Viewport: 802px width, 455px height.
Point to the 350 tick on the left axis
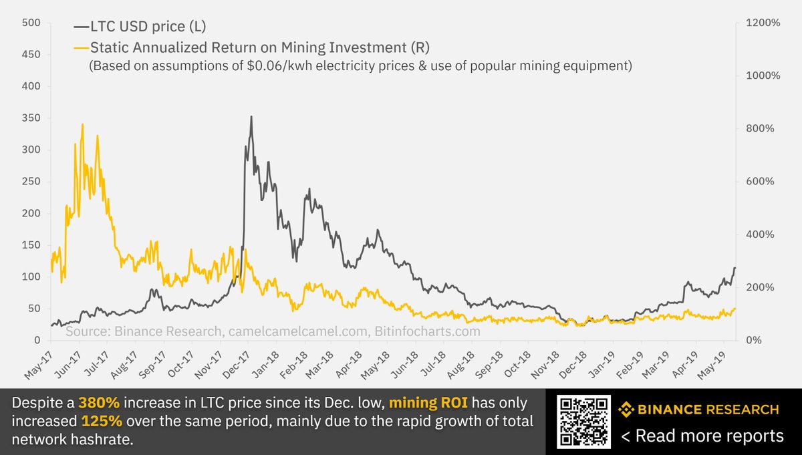[x=31, y=118]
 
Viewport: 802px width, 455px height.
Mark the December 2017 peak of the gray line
[x=251, y=117]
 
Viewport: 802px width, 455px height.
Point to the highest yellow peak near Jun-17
[x=82, y=124]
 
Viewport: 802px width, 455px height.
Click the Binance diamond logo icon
[x=626, y=410]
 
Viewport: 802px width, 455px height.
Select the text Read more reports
[x=702, y=436]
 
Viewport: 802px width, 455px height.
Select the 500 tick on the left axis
[x=31, y=23]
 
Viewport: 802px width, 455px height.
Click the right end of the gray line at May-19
[x=735, y=268]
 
